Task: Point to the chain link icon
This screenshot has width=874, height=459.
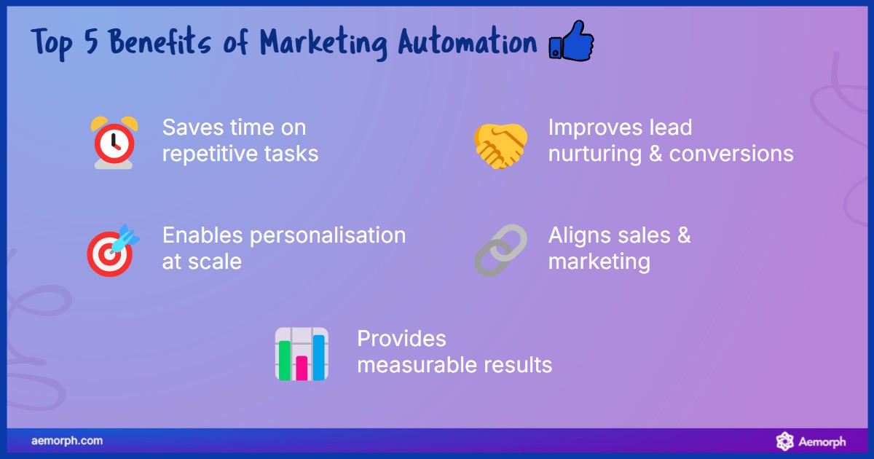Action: point(500,250)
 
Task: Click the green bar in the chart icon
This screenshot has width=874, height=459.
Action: point(285,359)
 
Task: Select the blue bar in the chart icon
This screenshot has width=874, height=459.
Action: point(318,356)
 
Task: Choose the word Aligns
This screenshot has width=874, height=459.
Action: point(579,236)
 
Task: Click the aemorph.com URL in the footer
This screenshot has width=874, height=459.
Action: point(67,441)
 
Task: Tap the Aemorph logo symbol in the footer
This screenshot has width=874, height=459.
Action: point(784,441)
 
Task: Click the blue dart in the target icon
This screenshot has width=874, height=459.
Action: point(125,235)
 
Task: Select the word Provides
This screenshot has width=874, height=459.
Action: point(401,339)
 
